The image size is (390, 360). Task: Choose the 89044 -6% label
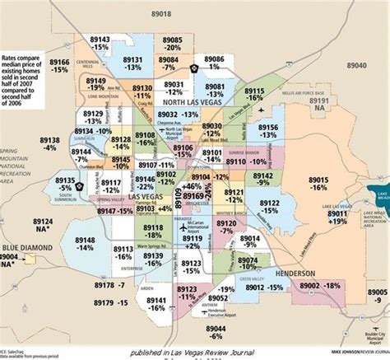(x=216, y=332)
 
